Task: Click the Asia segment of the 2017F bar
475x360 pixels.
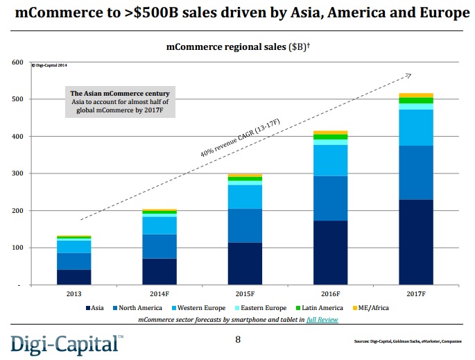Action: (416, 242)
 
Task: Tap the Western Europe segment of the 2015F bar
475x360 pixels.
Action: (245, 196)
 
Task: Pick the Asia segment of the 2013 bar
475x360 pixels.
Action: (74, 277)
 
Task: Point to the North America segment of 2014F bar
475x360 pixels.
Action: (159, 246)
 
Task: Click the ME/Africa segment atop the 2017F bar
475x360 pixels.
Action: (416, 95)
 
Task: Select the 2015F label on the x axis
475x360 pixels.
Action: (245, 293)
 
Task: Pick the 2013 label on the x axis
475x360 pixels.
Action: (74, 293)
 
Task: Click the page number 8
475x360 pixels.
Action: (238, 339)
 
